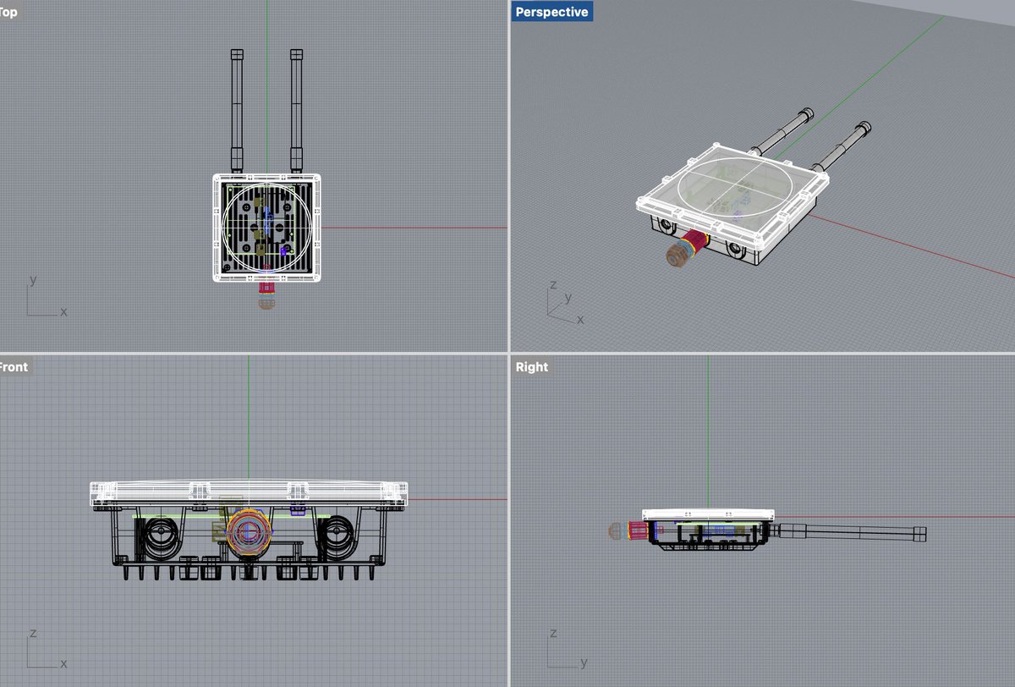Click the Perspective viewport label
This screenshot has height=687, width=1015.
click(551, 12)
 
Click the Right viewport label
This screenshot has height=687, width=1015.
click(531, 366)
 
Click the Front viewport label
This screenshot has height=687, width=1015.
click(14, 366)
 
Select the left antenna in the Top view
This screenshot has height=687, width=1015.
click(237, 111)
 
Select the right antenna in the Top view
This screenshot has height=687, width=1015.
click(296, 111)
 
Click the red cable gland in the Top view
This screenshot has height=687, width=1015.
click(266, 288)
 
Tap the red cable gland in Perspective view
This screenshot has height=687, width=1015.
click(695, 244)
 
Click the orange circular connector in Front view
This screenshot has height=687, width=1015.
click(249, 532)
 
